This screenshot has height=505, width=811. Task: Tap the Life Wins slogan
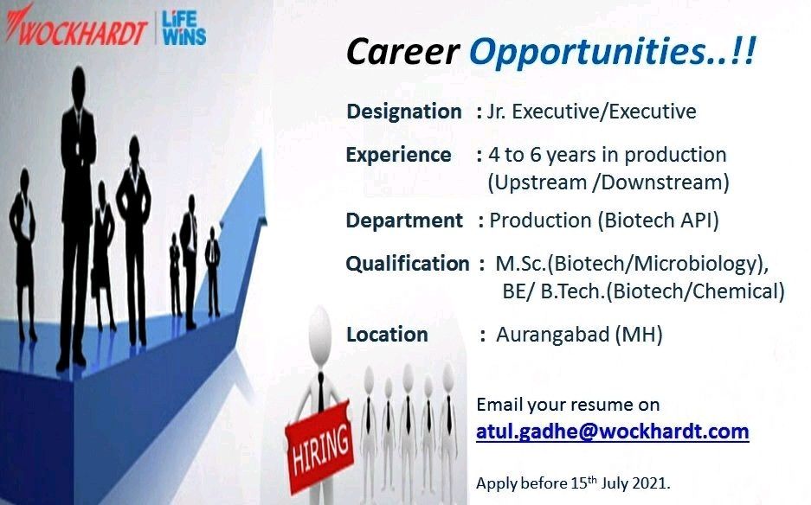pos(183,28)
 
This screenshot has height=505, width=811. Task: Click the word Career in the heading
pos(402,52)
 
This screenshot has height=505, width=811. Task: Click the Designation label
pos(404,112)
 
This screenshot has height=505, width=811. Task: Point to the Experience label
pos(398,155)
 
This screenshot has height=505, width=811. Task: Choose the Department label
pos(404,221)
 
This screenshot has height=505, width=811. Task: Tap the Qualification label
pos(408,264)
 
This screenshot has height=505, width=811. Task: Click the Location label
pos(387,335)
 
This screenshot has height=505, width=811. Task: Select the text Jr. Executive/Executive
pos(592,112)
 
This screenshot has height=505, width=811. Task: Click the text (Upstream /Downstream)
pos(608,182)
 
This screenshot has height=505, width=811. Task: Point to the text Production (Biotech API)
pos(604,221)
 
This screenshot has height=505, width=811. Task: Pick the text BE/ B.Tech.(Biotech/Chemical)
pos(643,291)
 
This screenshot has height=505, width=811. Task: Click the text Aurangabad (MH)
pos(579,335)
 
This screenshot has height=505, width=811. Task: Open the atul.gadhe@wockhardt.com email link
pos(613,431)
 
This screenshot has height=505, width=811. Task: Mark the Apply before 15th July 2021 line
pos(573,483)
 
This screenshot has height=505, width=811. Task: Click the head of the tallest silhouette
pos(79,81)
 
